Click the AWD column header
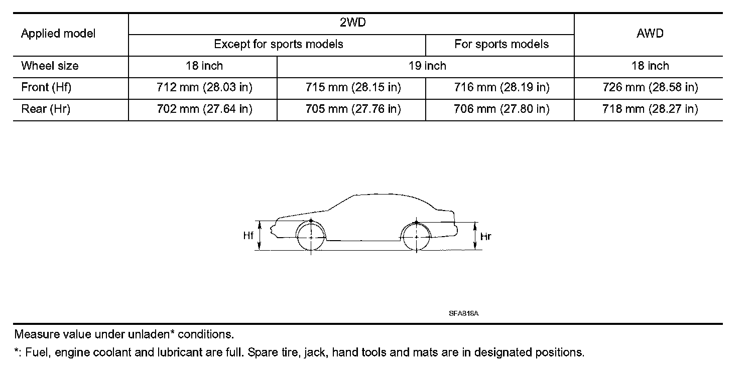[x=650, y=34]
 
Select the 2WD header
[x=351, y=23]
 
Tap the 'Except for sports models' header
[x=278, y=44]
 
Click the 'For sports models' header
[x=501, y=44]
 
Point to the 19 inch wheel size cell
[x=427, y=66]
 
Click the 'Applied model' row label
[x=58, y=34]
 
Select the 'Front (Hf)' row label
[x=46, y=88]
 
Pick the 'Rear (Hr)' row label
[x=46, y=109]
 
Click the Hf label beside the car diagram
[x=248, y=236]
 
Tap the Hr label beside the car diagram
[x=485, y=237]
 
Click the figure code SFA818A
[x=464, y=313]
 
